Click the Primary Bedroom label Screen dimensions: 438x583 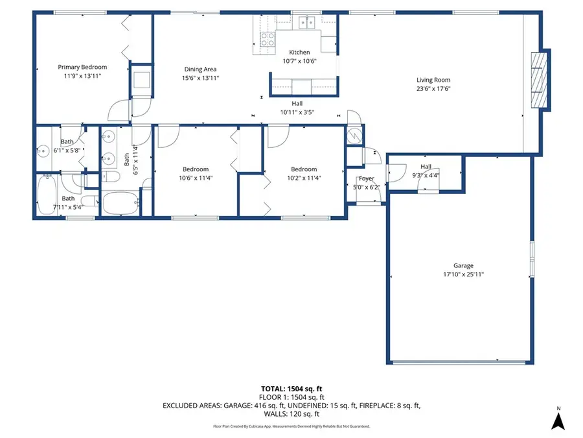tap(82, 67)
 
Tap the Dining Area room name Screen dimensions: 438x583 tap(200, 69)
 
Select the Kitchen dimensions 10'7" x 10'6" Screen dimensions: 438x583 tap(299, 61)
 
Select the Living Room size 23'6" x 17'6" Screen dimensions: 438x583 tap(433, 89)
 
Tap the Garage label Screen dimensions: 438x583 tap(463, 265)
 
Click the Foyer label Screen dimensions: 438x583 tap(367, 179)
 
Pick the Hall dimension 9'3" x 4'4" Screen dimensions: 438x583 tap(426, 175)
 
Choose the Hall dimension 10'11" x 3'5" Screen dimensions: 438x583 tap(297, 112)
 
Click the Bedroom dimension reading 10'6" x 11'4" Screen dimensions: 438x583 tap(195, 178)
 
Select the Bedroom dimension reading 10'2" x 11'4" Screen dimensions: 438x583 tap(304, 178)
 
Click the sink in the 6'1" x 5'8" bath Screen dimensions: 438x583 tap(43, 152)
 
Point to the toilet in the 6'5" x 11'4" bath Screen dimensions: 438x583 tap(111, 178)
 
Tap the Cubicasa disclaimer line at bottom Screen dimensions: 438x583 tap(291, 426)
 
